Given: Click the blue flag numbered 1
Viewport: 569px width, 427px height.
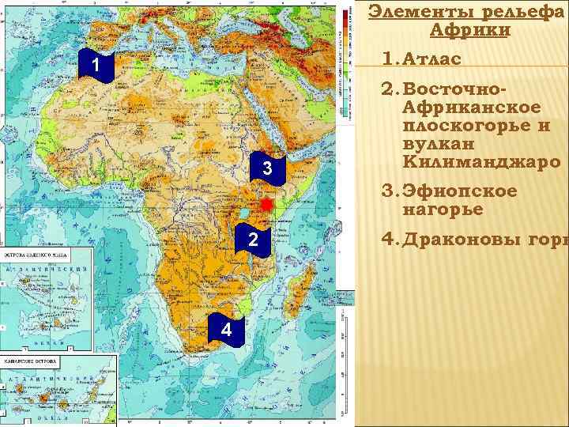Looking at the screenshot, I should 95,66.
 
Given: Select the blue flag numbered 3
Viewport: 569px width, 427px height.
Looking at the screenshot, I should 267,168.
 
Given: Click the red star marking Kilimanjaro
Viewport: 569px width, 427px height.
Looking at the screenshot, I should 266,204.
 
